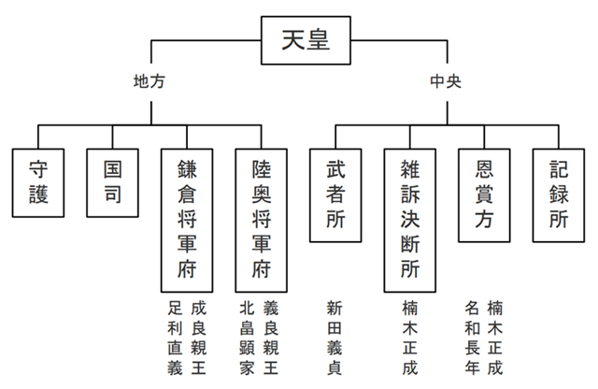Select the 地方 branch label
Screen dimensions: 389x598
[x=150, y=81]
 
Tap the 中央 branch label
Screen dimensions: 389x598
[x=447, y=81]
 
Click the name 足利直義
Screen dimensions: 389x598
[x=175, y=338]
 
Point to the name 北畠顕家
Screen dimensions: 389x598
[x=249, y=338]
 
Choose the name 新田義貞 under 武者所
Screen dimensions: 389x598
[x=335, y=338]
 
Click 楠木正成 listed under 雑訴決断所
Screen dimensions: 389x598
[x=409, y=338]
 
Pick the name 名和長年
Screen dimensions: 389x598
[x=472, y=338]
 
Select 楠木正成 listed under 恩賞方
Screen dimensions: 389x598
[x=496, y=338]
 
